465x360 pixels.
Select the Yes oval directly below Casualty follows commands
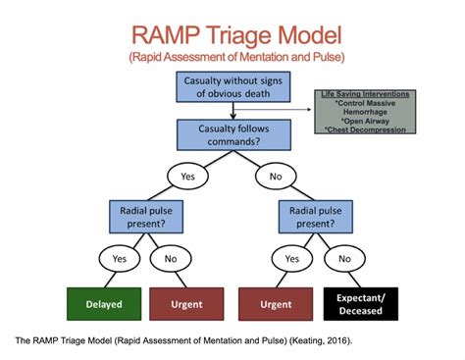(x=186, y=177)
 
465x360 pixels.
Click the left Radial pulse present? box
(x=150, y=215)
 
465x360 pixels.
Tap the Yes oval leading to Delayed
(x=120, y=259)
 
